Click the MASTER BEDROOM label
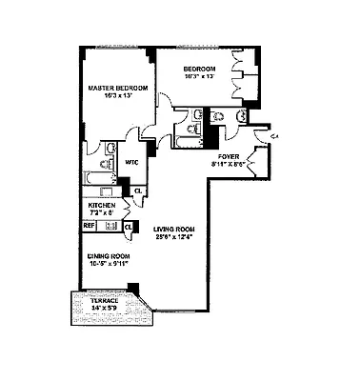(x=117, y=89)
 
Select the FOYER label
(x=228, y=155)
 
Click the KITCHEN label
(x=102, y=205)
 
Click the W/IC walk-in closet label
(x=132, y=162)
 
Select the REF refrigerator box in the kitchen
(x=89, y=227)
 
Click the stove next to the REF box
(x=109, y=227)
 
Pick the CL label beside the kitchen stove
(x=128, y=227)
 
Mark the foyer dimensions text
(x=228, y=164)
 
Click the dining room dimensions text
(x=104, y=264)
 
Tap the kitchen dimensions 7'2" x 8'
(x=102, y=213)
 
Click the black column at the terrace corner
(x=132, y=288)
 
